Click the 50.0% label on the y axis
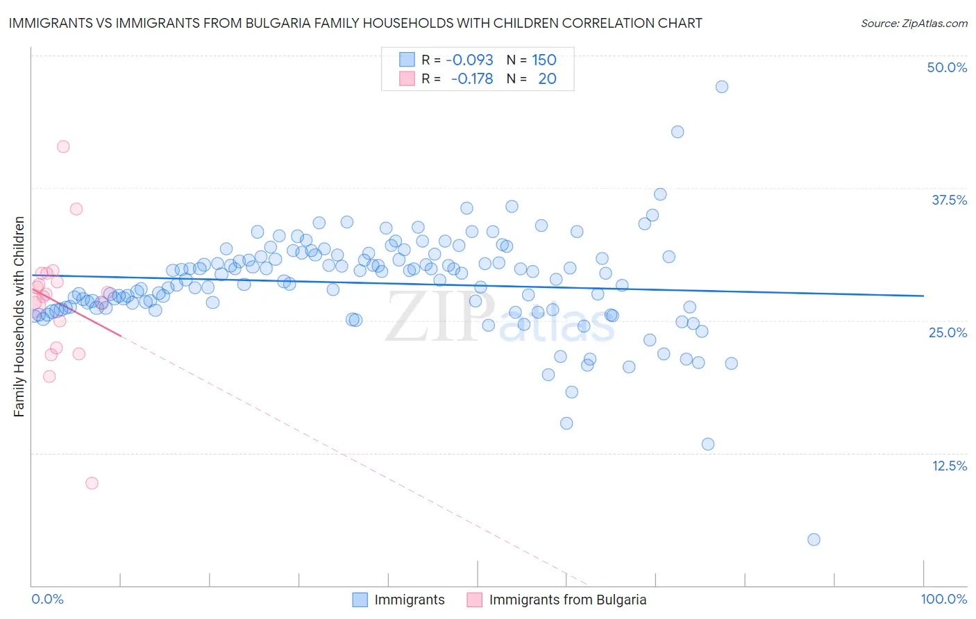(947, 67)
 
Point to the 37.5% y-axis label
(949, 200)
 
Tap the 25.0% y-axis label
(948, 332)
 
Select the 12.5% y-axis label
(949, 466)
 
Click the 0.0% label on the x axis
(47, 599)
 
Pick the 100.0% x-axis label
(943, 599)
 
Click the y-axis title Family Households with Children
(19, 316)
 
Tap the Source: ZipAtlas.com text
(914, 23)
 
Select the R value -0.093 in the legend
(469, 60)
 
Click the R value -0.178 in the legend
(471, 78)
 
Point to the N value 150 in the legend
(544, 60)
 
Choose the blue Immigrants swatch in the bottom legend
(360, 600)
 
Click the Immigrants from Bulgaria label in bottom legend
(567, 600)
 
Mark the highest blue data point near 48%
(722, 87)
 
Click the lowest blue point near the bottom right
(814, 539)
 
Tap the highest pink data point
(63, 146)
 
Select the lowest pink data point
(92, 483)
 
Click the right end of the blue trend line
(923, 296)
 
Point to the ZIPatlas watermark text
(500, 318)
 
